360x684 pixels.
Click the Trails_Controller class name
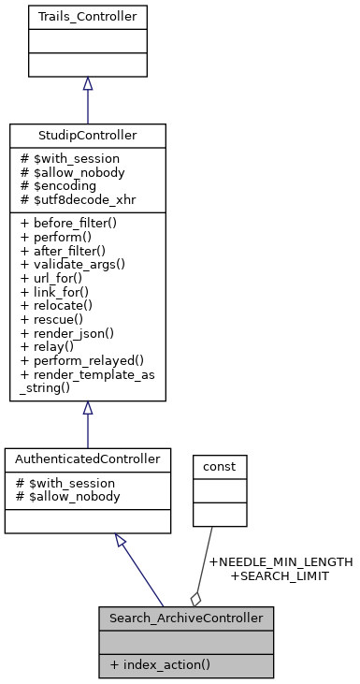[87, 15]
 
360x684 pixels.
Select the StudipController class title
[87, 136]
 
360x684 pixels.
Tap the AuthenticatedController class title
[88, 459]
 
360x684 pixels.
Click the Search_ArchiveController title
[186, 619]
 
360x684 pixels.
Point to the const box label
[220, 464]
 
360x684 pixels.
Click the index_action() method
[159, 665]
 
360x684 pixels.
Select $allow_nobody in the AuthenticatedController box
[70, 496]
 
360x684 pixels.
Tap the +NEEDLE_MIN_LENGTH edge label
[281, 562]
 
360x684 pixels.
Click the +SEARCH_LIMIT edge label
[281, 576]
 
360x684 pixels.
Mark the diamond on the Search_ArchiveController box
[195, 598]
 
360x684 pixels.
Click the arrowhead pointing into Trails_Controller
[87, 84]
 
